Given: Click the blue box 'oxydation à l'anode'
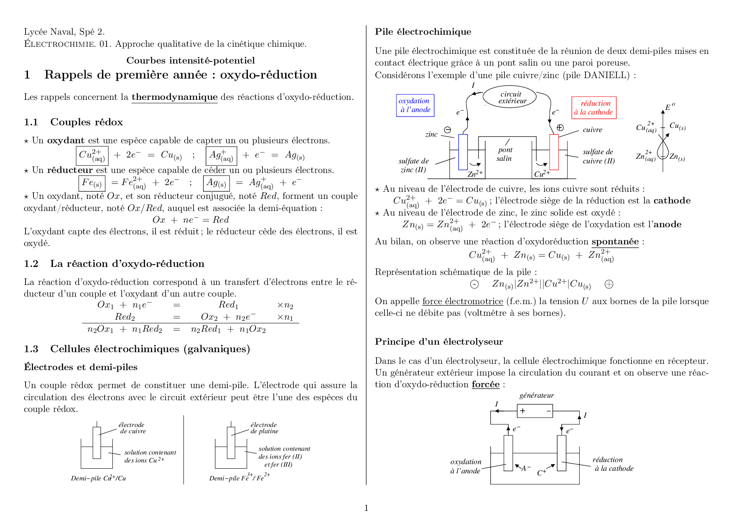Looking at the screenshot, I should [x=415, y=105].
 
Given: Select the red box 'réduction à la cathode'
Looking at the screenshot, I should [x=594, y=108].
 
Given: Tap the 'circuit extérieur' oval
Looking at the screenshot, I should [x=511, y=97].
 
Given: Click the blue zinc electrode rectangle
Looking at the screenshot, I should [x=463, y=152].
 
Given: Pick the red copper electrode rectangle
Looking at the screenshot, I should [x=554, y=152].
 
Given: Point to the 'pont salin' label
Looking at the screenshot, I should [x=504, y=154].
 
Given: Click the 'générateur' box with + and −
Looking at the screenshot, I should [x=534, y=411].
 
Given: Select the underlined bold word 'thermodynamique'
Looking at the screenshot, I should [x=174, y=97].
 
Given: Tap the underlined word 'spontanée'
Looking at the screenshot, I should [x=615, y=241].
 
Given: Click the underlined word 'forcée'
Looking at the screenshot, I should [x=485, y=384].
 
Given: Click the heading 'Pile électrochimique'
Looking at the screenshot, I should [x=423, y=32].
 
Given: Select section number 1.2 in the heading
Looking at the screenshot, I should [x=31, y=264].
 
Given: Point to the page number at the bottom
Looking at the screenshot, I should [x=366, y=508].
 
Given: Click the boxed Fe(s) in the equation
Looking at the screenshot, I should [x=92, y=183].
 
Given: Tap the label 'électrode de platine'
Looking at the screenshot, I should [x=264, y=428].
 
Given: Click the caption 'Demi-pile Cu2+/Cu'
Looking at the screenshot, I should [x=98, y=478].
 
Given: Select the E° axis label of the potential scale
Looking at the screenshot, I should [x=669, y=107].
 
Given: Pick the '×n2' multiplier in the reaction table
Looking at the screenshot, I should [x=285, y=305].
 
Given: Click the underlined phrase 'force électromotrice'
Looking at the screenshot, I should [x=462, y=301].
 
